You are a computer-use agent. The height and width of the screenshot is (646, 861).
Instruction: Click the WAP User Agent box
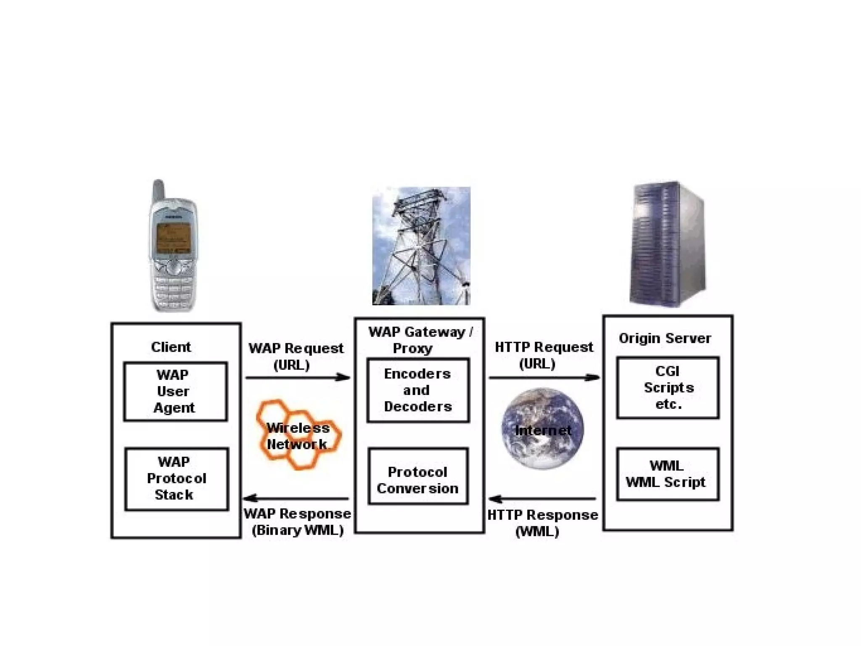coord(175,391)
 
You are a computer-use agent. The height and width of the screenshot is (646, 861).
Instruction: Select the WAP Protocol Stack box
coord(176,479)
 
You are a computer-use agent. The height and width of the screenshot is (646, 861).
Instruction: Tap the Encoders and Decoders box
coord(418,390)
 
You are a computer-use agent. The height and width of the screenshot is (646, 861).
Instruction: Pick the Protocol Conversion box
coord(418,476)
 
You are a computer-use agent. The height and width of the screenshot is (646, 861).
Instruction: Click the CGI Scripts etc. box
coord(668,387)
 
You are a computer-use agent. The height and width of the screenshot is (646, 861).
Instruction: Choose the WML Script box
coord(668,474)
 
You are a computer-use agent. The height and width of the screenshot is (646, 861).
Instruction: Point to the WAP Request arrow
coord(298,377)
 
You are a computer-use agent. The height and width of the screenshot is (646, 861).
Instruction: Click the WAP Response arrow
coord(296,498)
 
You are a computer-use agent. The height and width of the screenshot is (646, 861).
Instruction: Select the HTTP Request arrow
coord(544,377)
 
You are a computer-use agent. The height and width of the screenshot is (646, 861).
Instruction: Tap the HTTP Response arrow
coord(542,499)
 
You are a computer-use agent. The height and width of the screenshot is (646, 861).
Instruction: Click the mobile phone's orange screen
coord(173,238)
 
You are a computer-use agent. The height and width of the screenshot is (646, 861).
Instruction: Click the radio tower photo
coord(421,246)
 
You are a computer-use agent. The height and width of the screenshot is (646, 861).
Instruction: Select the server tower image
coord(668,244)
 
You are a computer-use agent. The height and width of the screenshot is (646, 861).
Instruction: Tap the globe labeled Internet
coord(542,429)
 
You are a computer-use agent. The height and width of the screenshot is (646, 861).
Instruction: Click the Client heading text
coord(171,347)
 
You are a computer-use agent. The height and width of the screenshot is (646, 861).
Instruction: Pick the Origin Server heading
coord(665,338)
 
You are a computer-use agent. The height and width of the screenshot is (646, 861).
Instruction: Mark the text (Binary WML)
coord(298,530)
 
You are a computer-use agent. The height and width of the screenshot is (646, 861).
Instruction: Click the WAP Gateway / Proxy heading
coord(420,340)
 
